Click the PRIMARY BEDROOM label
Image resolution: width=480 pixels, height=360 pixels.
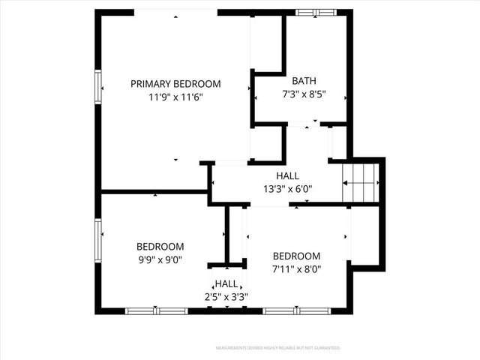pyautogui.click(x=175, y=84)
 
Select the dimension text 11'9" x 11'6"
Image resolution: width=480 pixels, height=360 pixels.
pyautogui.click(x=175, y=97)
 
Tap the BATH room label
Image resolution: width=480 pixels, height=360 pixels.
pyautogui.click(x=304, y=81)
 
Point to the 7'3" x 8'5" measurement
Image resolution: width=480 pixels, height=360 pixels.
pyautogui.click(x=304, y=94)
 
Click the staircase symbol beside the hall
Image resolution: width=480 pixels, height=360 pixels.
pyautogui.click(x=359, y=182)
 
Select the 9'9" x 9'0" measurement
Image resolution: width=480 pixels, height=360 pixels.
pyautogui.click(x=160, y=259)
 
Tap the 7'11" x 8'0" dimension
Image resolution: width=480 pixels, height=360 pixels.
pyautogui.click(x=296, y=268)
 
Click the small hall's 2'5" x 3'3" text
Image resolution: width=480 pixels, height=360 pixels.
pyautogui.click(x=226, y=296)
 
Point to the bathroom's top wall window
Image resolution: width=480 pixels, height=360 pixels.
pyautogui.click(x=316, y=12)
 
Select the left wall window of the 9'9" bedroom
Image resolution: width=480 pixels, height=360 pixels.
pyautogui.click(x=97, y=239)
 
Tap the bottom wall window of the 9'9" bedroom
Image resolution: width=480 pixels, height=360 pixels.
pyautogui.click(x=155, y=310)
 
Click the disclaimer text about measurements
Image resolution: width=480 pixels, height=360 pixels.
pyautogui.click(x=278, y=348)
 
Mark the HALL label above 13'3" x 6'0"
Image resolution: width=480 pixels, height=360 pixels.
pyautogui.click(x=288, y=176)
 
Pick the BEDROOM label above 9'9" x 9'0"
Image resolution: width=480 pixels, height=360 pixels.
pyautogui.click(x=160, y=247)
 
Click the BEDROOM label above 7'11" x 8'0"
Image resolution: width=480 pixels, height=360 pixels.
pyautogui.click(x=296, y=256)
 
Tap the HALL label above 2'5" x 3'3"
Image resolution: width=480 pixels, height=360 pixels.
pyautogui.click(x=226, y=284)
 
